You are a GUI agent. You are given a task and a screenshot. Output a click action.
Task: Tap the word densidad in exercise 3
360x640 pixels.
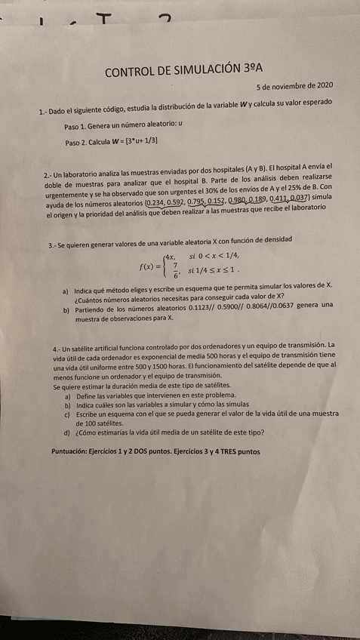pyautogui.click(x=273, y=238)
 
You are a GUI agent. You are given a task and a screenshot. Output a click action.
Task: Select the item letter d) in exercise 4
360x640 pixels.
pyautogui.click(x=68, y=433)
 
